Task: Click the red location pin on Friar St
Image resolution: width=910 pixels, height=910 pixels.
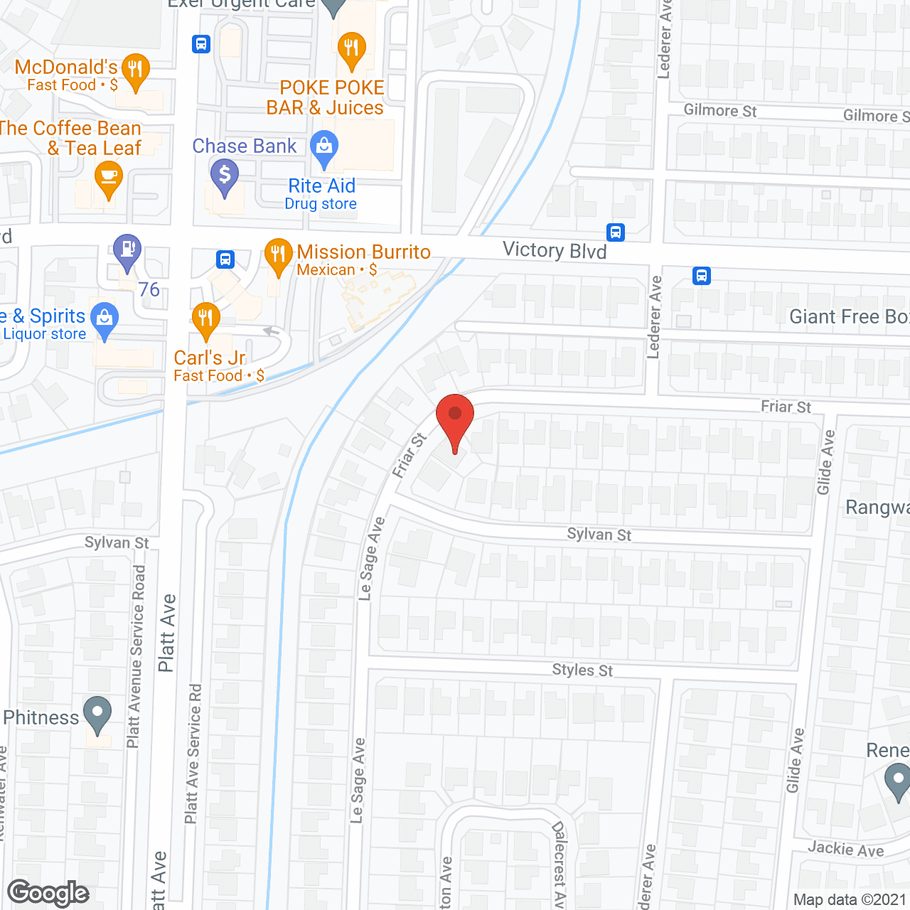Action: (454, 416)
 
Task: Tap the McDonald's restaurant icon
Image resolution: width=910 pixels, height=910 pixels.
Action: (135, 70)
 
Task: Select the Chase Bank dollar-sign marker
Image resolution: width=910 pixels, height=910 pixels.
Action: (225, 175)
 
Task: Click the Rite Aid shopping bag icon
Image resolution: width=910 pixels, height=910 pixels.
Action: (324, 147)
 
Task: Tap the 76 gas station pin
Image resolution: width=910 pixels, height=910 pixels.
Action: (127, 250)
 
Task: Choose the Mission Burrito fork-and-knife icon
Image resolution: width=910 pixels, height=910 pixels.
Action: (278, 255)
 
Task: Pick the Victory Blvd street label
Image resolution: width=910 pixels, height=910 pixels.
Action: (555, 250)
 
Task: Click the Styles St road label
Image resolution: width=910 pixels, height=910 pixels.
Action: (582, 670)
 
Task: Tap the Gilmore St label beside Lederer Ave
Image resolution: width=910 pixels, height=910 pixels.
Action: (719, 110)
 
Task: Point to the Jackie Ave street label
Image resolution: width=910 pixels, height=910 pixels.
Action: (845, 849)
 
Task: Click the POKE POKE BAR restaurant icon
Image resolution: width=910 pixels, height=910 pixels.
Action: (351, 49)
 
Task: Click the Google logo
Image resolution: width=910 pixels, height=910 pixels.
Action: (48, 893)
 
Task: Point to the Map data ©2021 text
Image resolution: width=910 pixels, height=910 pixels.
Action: (850, 899)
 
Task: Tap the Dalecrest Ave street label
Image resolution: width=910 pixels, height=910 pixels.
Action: (560, 864)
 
